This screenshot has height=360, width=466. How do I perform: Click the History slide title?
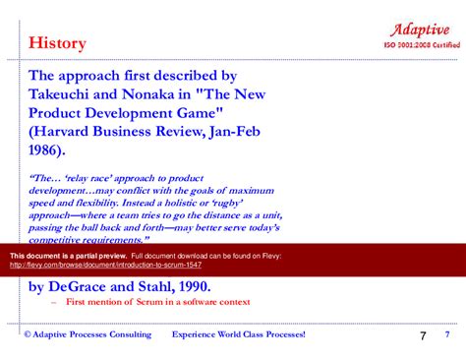pyautogui.click(x=57, y=43)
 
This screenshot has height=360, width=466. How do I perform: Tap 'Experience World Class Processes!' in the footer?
pyautogui.click(x=239, y=334)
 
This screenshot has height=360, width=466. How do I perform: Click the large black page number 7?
pyautogui.click(x=422, y=336)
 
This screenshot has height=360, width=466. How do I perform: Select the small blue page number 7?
pyautogui.click(x=447, y=335)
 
